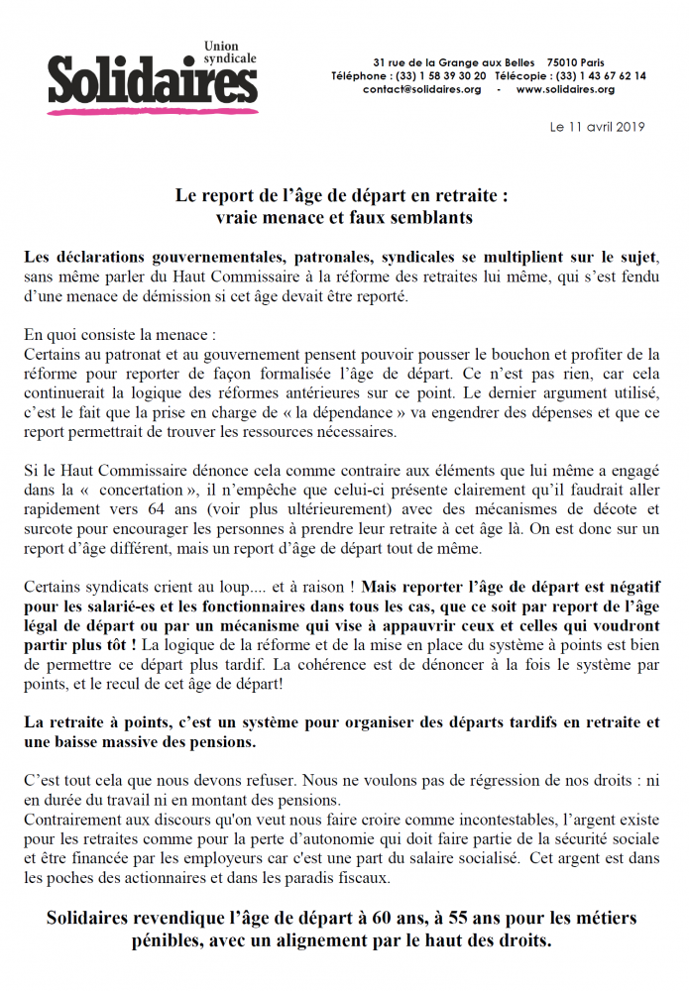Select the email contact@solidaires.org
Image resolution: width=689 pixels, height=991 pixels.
pyautogui.click(x=422, y=89)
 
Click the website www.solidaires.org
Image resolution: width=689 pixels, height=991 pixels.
pyautogui.click(x=565, y=89)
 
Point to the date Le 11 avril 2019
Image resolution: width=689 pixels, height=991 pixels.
pyautogui.click(x=597, y=127)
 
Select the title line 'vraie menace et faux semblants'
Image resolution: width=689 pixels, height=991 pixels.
pyautogui.click(x=343, y=215)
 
